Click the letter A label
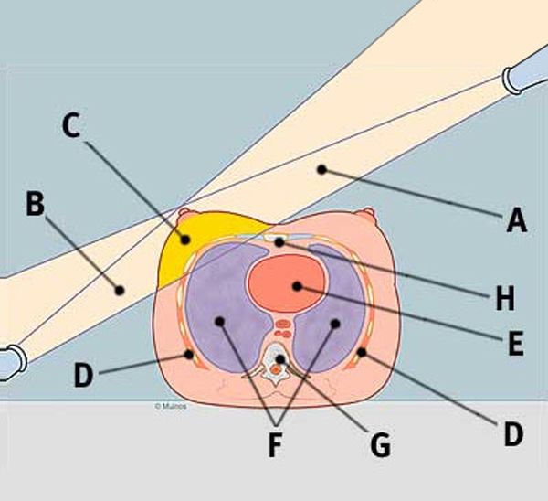(517, 219)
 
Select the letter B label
(35, 204)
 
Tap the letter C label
(71, 127)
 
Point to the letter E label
(514, 344)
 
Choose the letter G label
(381, 446)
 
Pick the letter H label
(504, 297)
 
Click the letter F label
(275, 448)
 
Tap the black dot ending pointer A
(321, 169)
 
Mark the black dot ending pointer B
(119, 290)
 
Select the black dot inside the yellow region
(185, 240)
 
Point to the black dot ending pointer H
(278, 242)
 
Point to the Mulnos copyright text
(170, 405)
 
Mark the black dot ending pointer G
(280, 360)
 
